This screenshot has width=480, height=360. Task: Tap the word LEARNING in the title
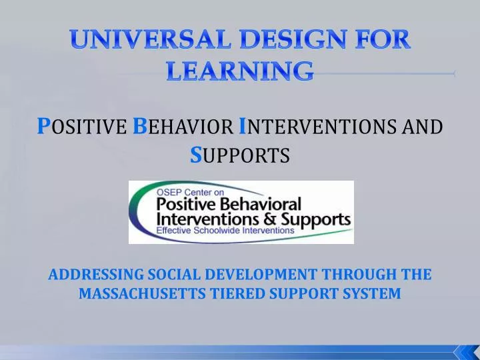pyautogui.click(x=239, y=70)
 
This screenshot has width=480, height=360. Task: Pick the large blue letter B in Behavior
pyautogui.click(x=140, y=125)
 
